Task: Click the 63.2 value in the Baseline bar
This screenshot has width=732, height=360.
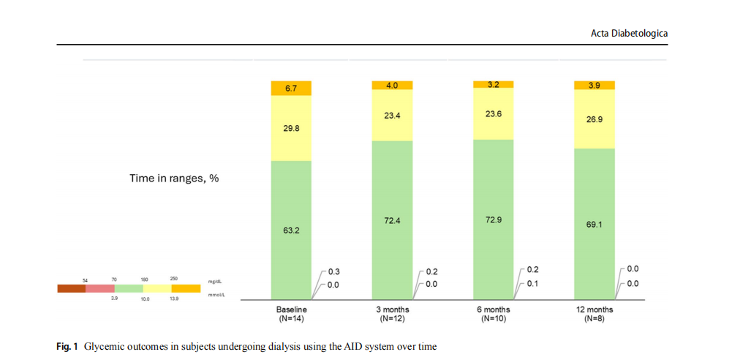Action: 291,230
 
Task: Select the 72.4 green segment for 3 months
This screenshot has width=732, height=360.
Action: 392,220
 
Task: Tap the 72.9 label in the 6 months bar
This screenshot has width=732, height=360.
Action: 493,220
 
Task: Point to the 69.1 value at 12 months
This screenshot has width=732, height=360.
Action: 594,224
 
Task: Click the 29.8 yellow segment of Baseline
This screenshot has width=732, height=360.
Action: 291,128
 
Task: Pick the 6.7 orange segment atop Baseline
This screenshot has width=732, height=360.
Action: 291,89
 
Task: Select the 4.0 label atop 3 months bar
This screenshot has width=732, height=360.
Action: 392,86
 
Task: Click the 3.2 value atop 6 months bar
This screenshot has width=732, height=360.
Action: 493,85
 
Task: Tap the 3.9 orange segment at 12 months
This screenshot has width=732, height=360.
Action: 594,86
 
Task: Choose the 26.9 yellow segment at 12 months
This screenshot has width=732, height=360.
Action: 594,119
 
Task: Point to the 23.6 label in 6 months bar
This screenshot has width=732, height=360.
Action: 493,113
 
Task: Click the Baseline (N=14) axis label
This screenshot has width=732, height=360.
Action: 291,314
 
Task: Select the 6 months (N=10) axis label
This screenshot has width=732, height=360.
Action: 493,314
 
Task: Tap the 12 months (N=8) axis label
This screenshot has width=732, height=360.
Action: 594,314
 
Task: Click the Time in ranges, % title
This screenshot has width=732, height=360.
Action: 174,178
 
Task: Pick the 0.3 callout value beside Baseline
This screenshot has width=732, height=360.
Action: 333,271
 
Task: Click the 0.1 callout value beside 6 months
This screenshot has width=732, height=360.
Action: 532,283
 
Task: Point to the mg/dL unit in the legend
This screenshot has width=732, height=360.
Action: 215,281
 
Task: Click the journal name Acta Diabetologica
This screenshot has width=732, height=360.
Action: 629,34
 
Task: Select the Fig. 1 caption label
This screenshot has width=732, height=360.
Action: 67,346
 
